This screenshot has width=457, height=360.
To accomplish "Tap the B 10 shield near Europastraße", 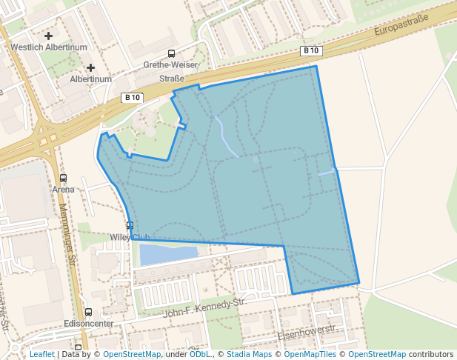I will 312,51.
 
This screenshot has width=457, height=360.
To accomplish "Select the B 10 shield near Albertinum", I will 132,97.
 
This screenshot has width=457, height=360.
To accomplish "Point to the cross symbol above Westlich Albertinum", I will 49,36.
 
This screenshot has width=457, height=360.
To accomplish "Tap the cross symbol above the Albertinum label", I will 90,67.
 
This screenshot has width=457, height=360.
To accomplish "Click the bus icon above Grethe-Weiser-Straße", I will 172,53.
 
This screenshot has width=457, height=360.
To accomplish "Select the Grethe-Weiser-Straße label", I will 172,71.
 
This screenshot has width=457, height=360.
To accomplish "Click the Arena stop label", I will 63,189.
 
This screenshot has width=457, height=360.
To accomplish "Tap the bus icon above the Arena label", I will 63,178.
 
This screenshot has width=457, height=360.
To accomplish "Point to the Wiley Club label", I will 130,238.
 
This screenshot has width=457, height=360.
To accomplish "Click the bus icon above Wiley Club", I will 130,226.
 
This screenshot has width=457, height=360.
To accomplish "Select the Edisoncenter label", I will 89,324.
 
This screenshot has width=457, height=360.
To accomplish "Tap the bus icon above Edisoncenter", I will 89,313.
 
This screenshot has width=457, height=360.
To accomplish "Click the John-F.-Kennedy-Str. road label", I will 204,307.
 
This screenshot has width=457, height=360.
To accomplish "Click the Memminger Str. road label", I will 68,236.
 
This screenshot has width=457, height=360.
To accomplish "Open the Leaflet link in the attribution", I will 41,354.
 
